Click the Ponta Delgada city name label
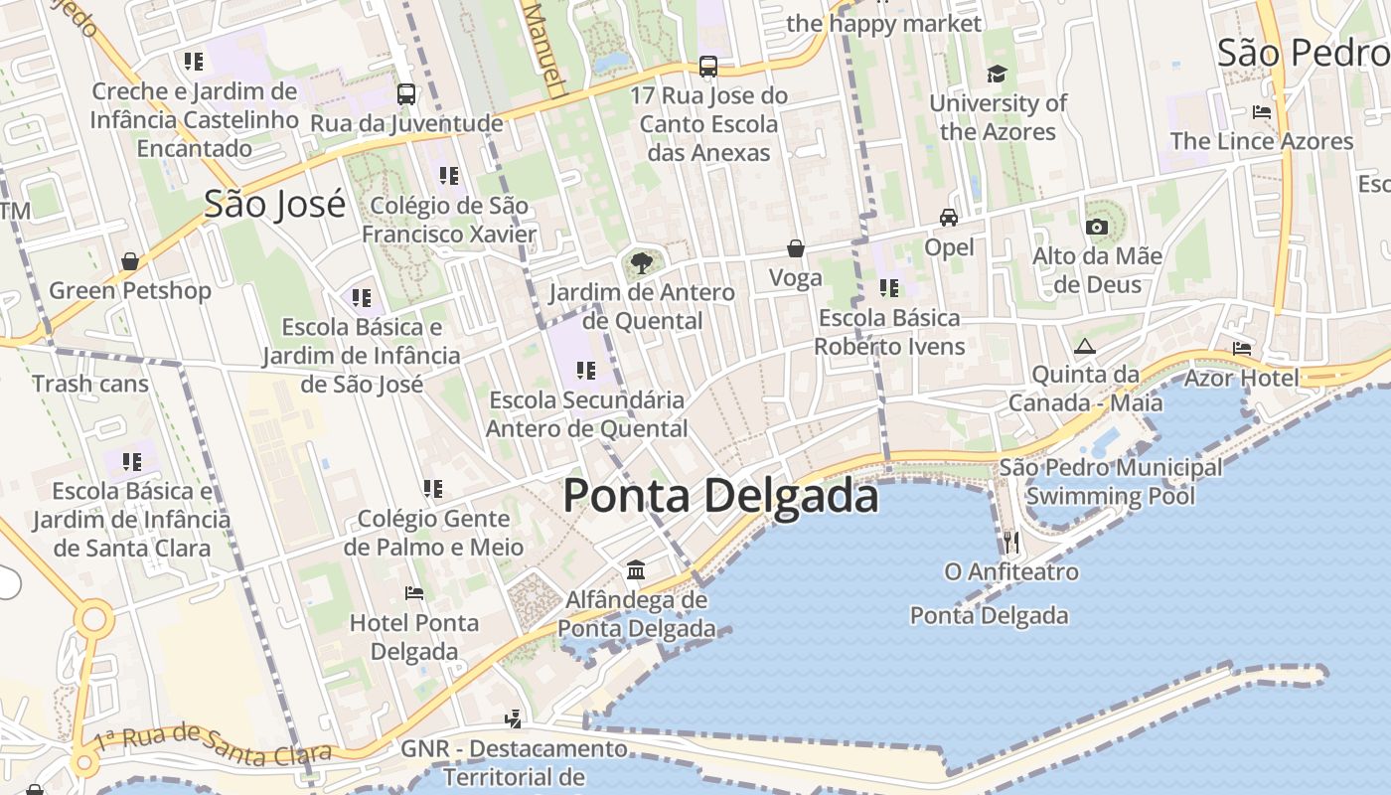point(720,496)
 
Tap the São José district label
point(274,204)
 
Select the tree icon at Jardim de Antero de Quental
point(642,263)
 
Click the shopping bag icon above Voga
point(796,248)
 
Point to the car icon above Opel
point(949,218)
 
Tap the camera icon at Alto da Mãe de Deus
point(1097,228)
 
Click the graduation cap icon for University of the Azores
point(997,75)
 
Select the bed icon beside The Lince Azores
point(1262,112)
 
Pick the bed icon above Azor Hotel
point(1242,349)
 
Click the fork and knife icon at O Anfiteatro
point(1011,542)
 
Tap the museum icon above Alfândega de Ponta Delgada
point(636,570)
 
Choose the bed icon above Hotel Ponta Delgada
point(414,593)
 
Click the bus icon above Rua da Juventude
point(406,94)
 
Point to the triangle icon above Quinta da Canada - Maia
point(1084,346)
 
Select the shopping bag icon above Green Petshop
point(130,261)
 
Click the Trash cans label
point(90,384)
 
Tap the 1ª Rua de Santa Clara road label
point(210,745)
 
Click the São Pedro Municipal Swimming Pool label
point(1111,481)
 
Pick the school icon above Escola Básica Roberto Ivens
point(889,288)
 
